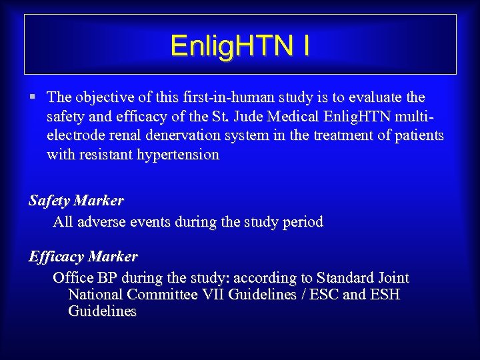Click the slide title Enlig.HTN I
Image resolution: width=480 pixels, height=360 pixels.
[240, 46]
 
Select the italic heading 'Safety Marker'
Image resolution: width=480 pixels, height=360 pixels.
[76, 200]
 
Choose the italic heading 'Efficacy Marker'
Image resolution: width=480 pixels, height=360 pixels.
[83, 257]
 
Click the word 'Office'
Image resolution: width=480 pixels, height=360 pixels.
[73, 278]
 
